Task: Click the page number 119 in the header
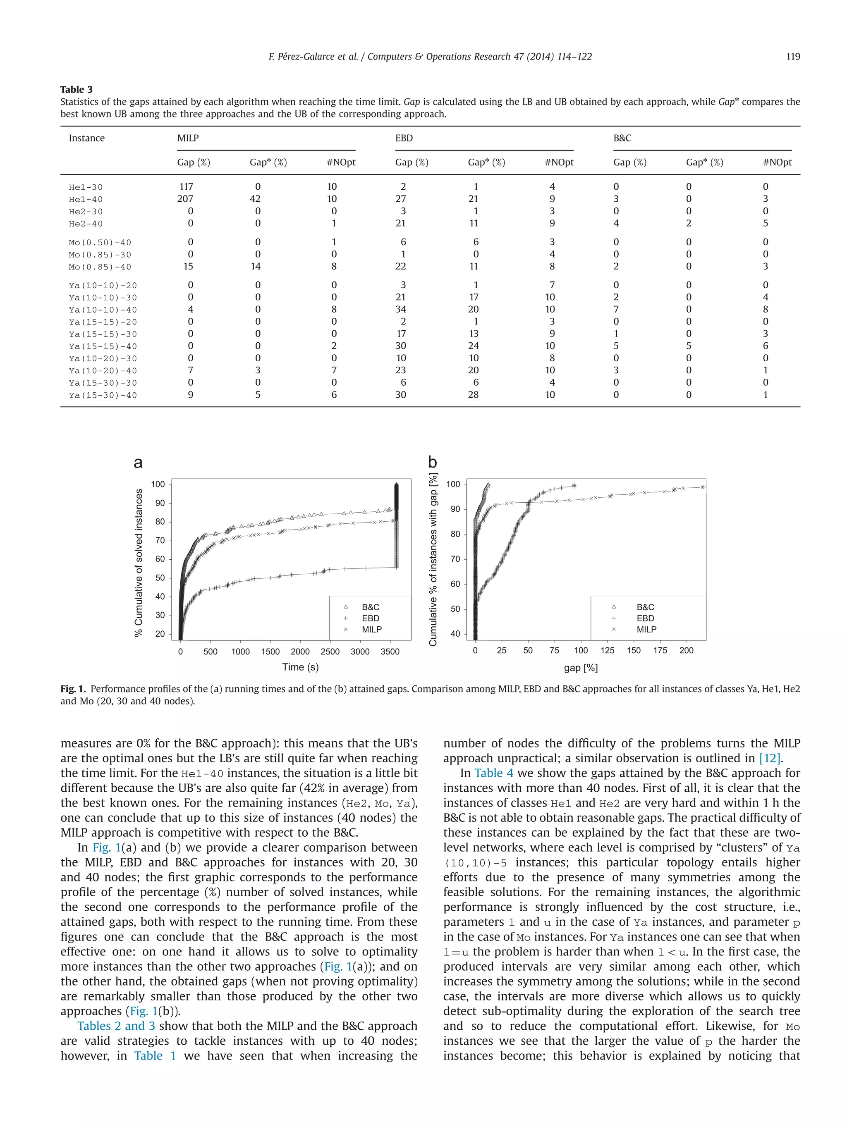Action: (x=792, y=57)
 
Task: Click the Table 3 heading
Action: (x=77, y=89)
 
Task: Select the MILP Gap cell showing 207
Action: (x=185, y=199)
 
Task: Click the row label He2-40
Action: (x=86, y=224)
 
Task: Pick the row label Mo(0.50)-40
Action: (x=100, y=242)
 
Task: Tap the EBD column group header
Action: (x=404, y=138)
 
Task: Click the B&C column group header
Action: (x=622, y=138)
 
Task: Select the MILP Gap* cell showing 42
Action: (x=255, y=199)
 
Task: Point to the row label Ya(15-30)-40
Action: (x=103, y=395)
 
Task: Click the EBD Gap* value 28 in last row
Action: (x=473, y=395)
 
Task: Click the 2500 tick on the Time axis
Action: (x=330, y=652)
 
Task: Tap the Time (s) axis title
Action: (x=300, y=667)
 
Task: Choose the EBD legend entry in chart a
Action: (x=370, y=618)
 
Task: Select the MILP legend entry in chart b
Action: (x=646, y=629)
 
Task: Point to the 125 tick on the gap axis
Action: (x=607, y=650)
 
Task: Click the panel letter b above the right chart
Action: (x=433, y=463)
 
